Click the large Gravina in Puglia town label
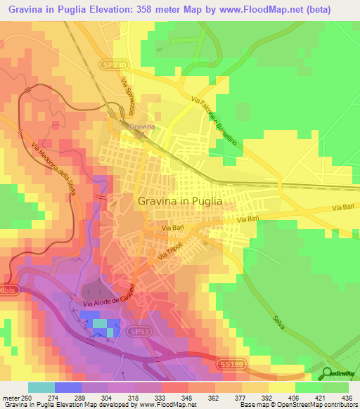click(x=179, y=200)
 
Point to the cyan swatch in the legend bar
click(x=41, y=387)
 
